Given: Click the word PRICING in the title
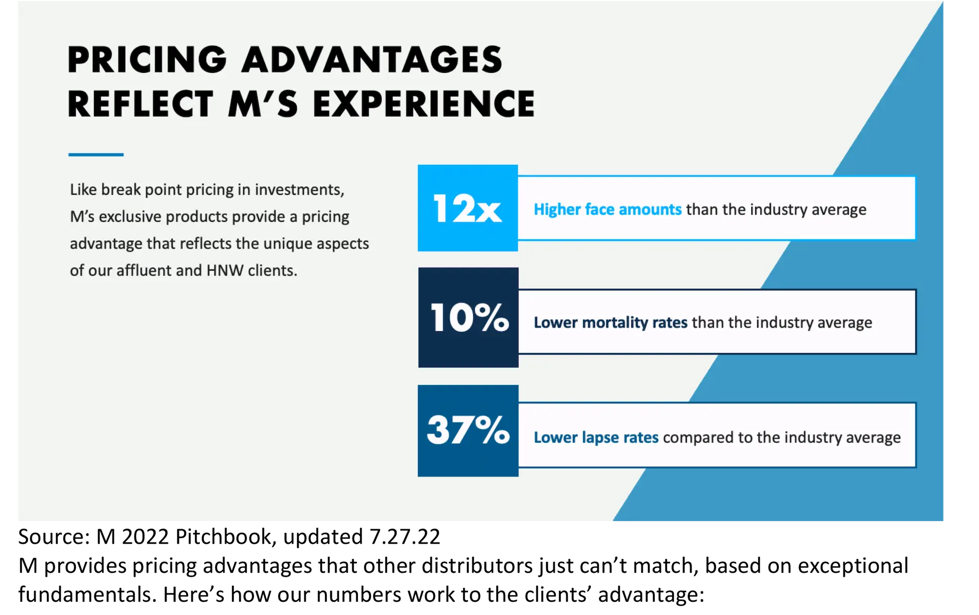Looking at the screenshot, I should point(147,60).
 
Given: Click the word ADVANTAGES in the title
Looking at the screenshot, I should point(372,60).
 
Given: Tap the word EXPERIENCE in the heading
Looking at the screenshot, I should point(424,104).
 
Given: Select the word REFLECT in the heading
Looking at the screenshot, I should point(140,104).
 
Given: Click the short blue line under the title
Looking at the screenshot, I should point(96,155).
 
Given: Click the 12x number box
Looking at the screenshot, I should point(467,208).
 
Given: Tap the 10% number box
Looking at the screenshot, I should point(468,318).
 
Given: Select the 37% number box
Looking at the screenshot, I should point(468,431).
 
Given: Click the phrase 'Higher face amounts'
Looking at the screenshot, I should point(607,209).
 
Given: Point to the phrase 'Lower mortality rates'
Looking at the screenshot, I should point(610,322).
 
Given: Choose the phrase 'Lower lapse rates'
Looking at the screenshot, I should point(596,437).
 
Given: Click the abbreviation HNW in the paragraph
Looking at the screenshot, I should point(225,270).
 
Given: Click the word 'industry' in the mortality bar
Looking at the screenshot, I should point(785,322).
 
